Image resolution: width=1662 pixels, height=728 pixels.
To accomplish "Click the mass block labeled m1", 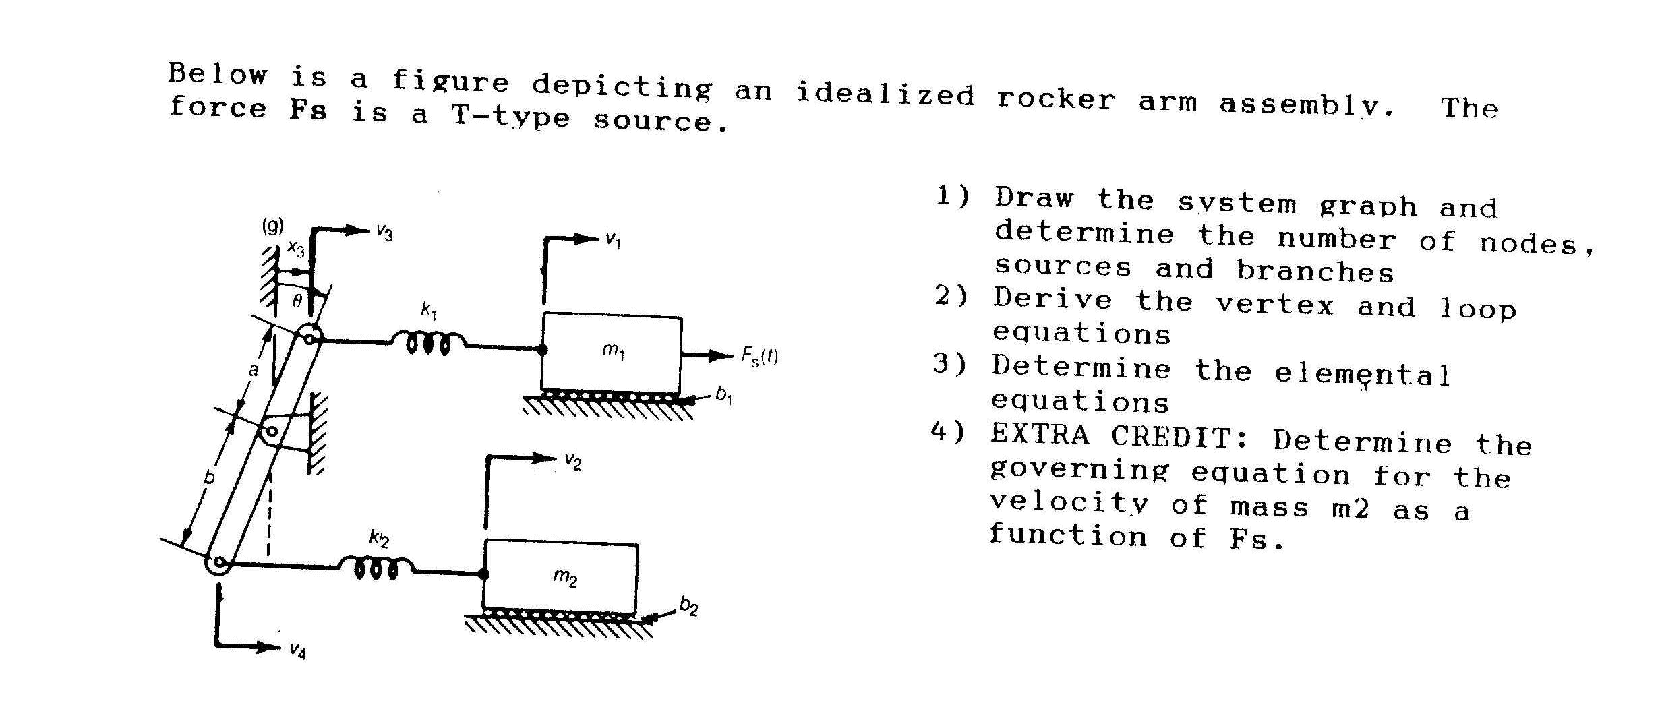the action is click(612, 353).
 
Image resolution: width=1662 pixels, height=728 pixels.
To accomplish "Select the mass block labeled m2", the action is click(560, 577).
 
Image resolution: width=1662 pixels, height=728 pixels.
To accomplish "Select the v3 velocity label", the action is click(384, 233).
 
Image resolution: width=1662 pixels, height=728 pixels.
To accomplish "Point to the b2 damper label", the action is click(688, 607).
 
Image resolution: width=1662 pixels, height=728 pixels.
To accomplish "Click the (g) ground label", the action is click(272, 226).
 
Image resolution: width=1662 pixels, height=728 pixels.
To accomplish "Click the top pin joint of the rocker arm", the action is click(309, 336).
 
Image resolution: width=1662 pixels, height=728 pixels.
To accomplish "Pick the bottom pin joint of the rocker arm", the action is click(218, 564).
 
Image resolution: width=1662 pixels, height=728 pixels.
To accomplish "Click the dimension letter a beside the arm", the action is click(253, 370).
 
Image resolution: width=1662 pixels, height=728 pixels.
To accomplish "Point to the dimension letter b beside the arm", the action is click(210, 478).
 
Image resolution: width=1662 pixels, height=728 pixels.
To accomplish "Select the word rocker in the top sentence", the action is click(1056, 99).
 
